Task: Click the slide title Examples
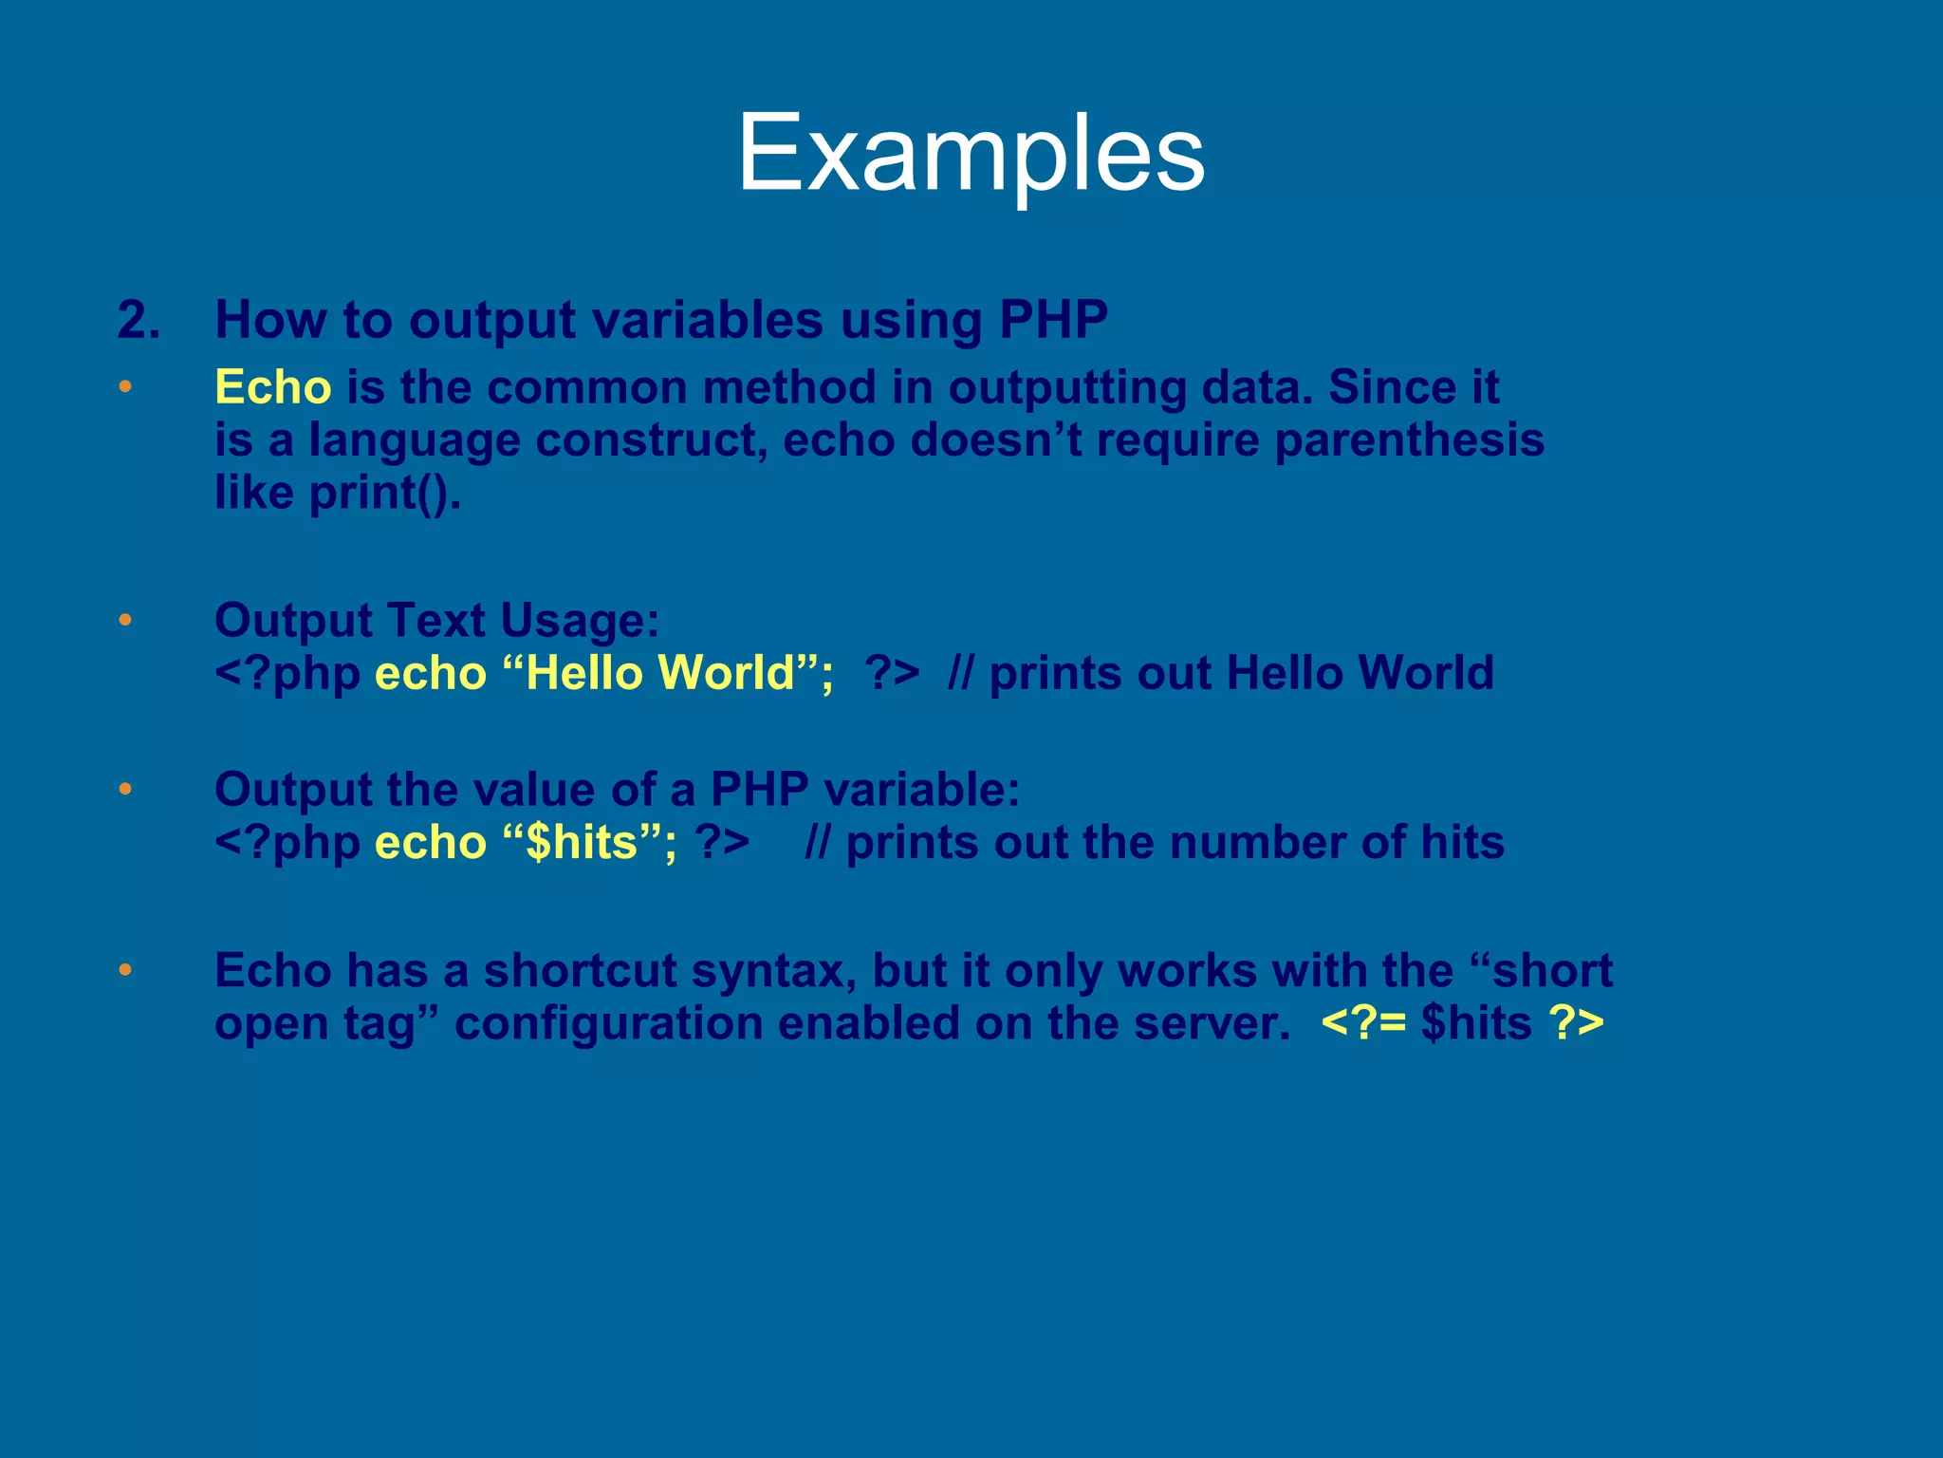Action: click(971, 154)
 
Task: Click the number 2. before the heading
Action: click(139, 320)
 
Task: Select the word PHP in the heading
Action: click(1053, 320)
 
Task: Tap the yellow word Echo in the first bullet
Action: click(273, 387)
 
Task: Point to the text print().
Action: click(384, 493)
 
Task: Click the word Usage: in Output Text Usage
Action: click(579, 621)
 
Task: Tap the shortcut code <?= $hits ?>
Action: click(1462, 1023)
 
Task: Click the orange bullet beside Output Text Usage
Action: click(125, 621)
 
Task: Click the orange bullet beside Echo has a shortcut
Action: click(125, 970)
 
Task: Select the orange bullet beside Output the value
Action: click(125, 790)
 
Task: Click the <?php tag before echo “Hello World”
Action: click(287, 673)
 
